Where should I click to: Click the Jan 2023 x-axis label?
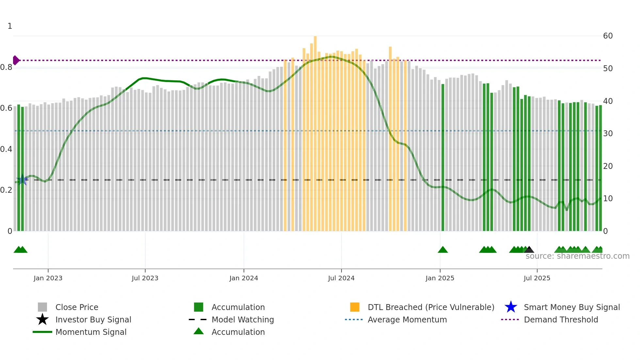click(x=48, y=278)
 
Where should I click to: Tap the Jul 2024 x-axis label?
click(x=341, y=278)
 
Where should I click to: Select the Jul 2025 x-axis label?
click(x=537, y=278)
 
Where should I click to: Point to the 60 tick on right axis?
click(x=608, y=36)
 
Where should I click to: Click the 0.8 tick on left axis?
click(x=6, y=68)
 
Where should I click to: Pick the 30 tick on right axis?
click(x=608, y=134)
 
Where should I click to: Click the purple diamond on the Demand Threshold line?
click(x=16, y=60)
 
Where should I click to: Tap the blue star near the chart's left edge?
click(x=22, y=180)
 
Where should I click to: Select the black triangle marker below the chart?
click(x=529, y=250)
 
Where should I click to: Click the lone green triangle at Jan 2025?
click(x=443, y=250)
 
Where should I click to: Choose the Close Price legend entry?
click(x=77, y=307)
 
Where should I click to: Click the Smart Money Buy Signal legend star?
click(x=511, y=307)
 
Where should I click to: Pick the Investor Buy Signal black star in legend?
click(x=42, y=319)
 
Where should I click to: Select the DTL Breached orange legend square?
click(x=355, y=307)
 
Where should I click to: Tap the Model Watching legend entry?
click(x=242, y=319)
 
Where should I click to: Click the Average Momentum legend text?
click(x=407, y=319)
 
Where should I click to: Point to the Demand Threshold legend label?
click(x=561, y=319)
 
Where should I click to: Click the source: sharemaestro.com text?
click(x=577, y=256)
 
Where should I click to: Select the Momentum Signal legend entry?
click(x=91, y=332)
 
